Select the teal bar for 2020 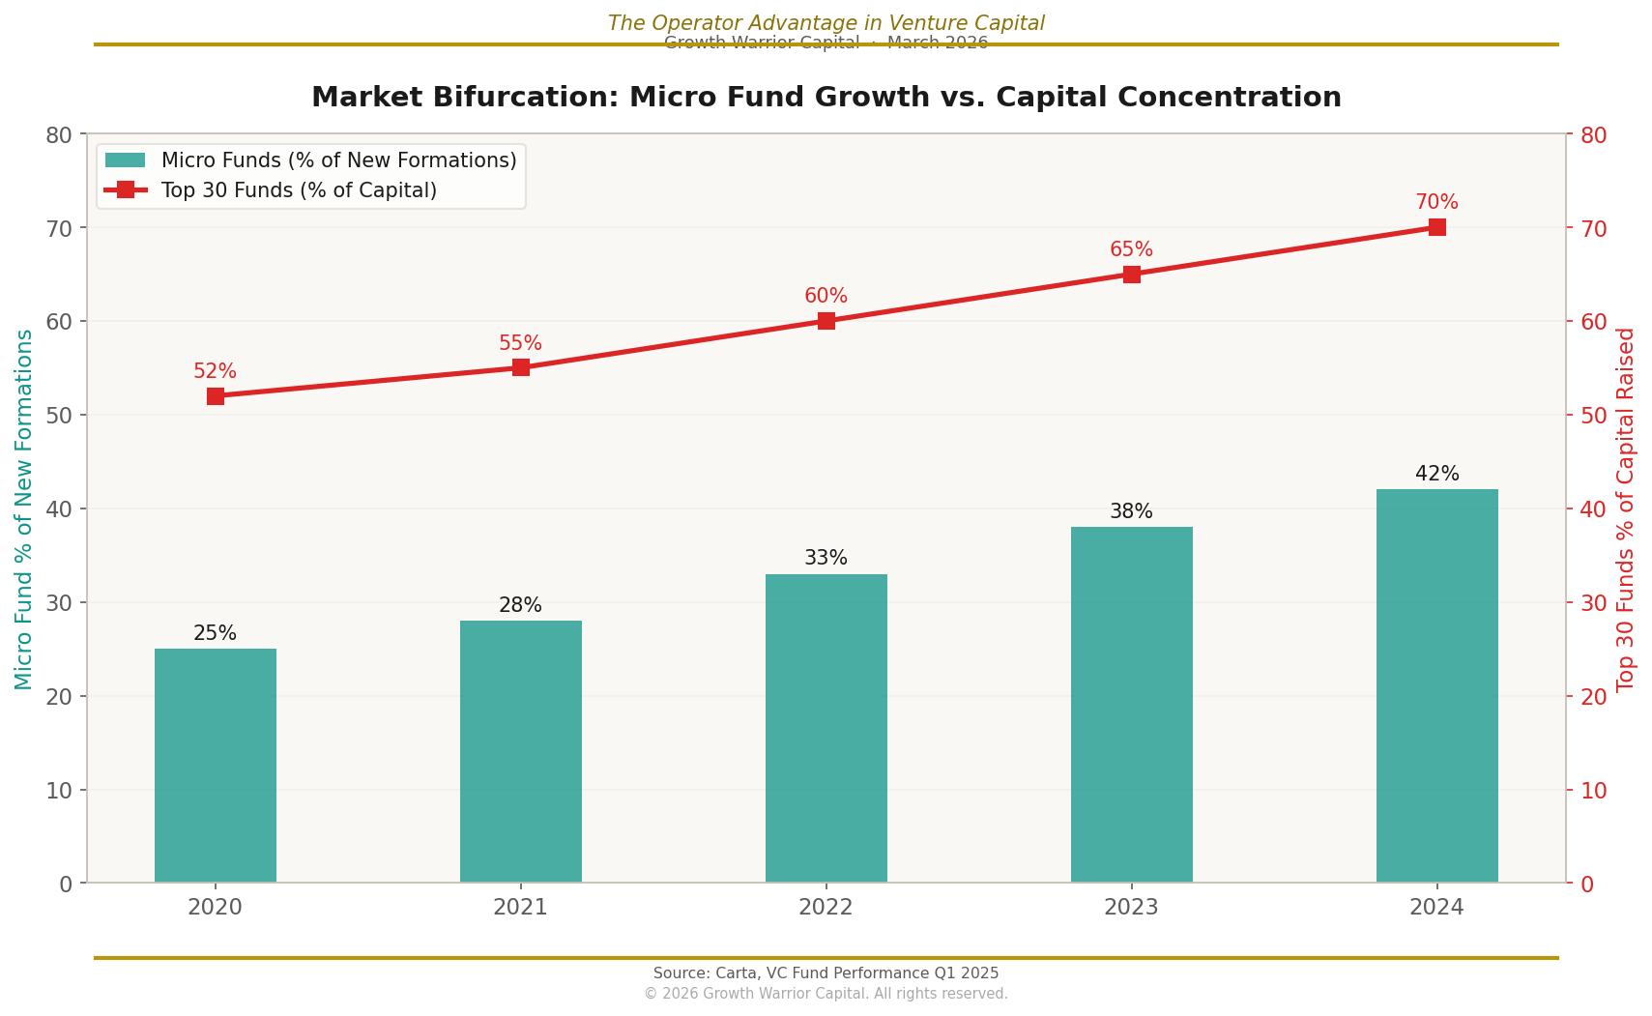click(x=215, y=766)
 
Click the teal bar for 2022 click(x=826, y=728)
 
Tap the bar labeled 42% click(x=1436, y=685)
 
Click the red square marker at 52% click(x=216, y=396)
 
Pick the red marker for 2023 click(x=1131, y=275)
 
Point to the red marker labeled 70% click(x=1436, y=227)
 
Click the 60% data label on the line click(x=826, y=296)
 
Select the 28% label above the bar click(x=520, y=605)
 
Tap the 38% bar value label click(x=1131, y=511)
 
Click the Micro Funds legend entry click(x=338, y=160)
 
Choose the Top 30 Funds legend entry click(x=299, y=190)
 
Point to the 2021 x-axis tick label click(x=520, y=908)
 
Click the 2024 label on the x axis click(x=1436, y=908)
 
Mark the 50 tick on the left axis click(x=59, y=416)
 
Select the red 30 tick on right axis click(x=1593, y=603)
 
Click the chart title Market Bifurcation click(x=826, y=98)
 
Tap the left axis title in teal click(x=24, y=509)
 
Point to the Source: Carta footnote click(x=826, y=973)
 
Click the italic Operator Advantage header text click(x=826, y=23)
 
